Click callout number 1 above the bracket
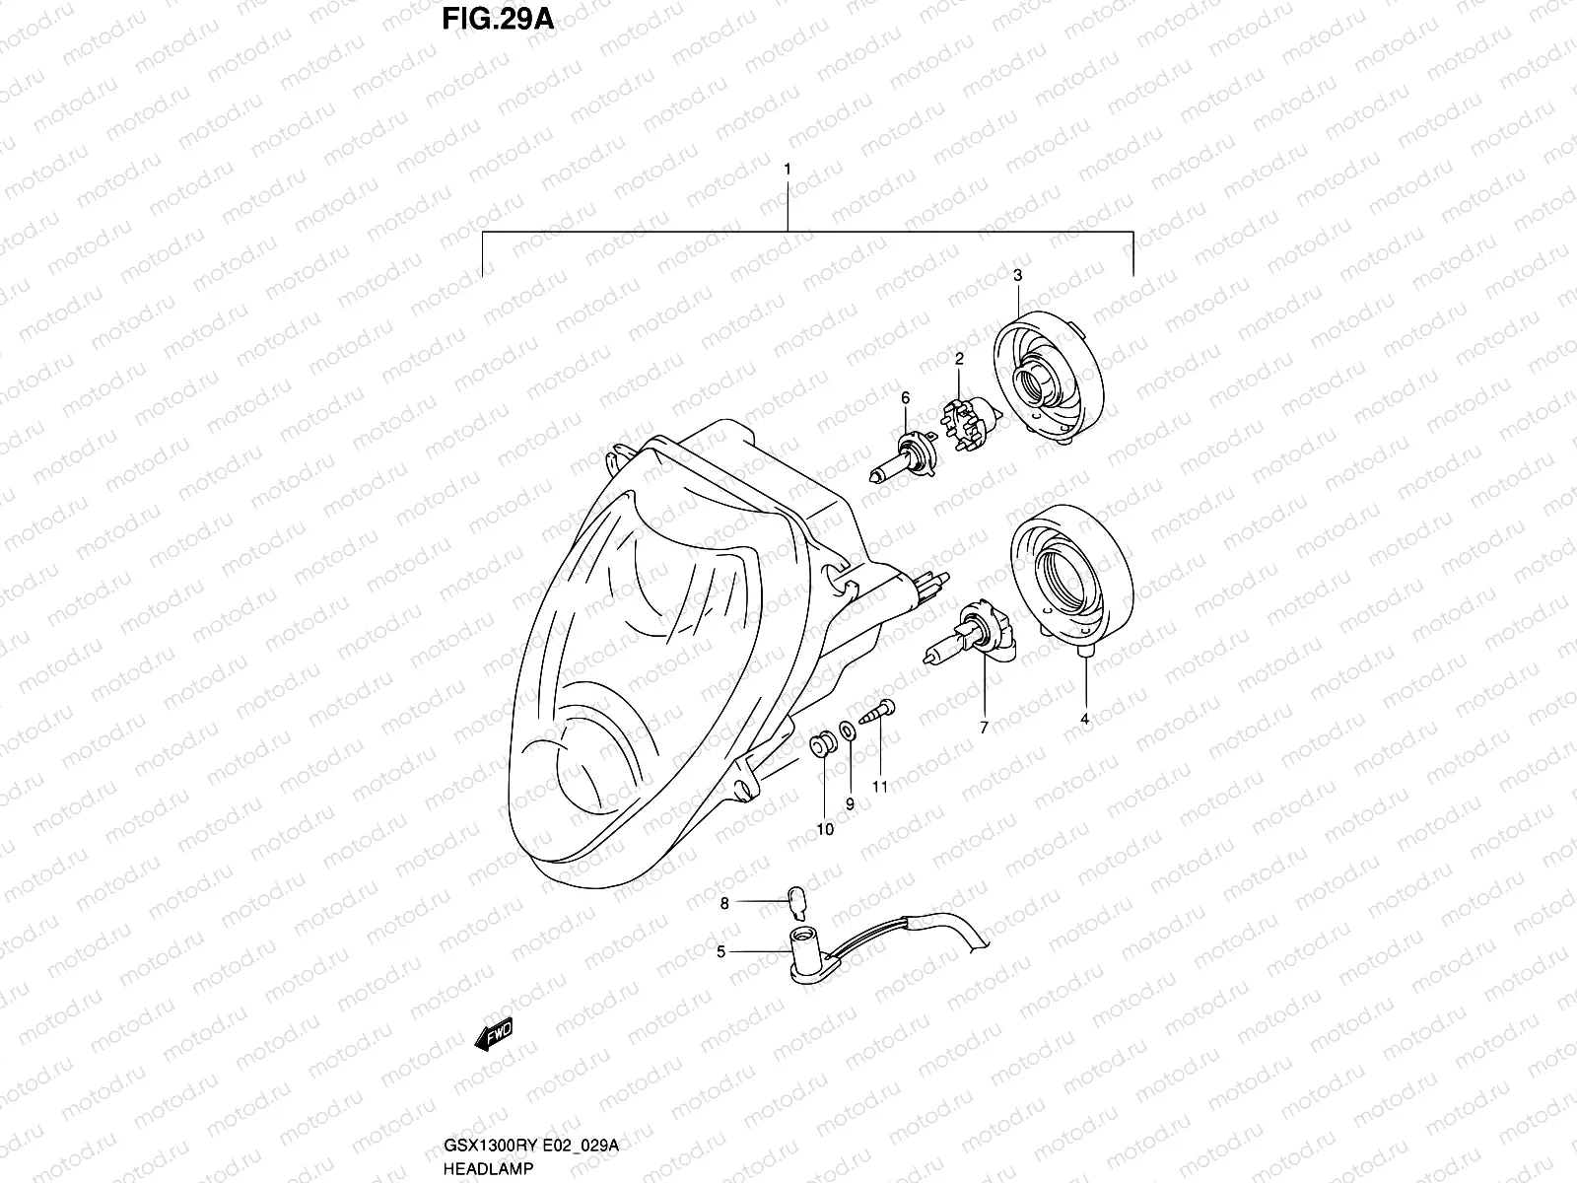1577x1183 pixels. (x=787, y=170)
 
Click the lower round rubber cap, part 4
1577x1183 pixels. (x=1070, y=582)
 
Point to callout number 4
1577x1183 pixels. (x=1084, y=720)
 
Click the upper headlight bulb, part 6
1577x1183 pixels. (x=903, y=454)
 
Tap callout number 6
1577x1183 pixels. (x=904, y=397)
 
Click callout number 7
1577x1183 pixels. (x=983, y=728)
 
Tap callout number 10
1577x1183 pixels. (x=825, y=829)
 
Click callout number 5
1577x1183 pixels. (x=721, y=951)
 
